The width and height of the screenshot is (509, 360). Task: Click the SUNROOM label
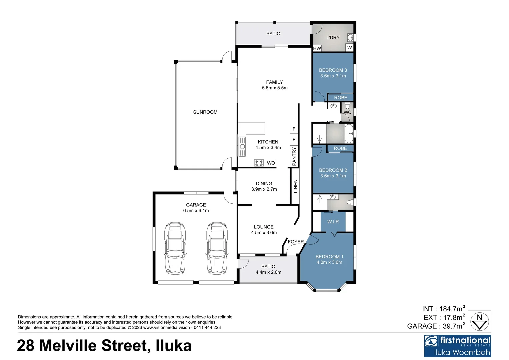[205, 112]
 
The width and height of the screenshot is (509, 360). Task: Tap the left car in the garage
[175, 248]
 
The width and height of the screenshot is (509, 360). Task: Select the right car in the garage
[217, 248]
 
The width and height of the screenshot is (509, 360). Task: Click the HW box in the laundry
[317, 48]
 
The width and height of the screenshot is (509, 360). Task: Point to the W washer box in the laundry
[349, 48]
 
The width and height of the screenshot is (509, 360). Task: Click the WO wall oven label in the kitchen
[271, 163]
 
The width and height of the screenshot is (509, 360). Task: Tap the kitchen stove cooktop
[259, 163]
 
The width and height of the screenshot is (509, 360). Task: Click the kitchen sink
[242, 146]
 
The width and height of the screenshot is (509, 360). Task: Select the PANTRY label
[294, 156]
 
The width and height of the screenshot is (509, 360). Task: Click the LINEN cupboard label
[295, 186]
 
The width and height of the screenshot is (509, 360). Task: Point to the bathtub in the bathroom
[349, 134]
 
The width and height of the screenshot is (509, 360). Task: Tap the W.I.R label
[333, 222]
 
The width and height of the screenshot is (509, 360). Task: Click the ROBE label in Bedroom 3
[340, 98]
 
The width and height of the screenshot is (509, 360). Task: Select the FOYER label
[296, 242]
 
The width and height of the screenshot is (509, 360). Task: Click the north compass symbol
[479, 321]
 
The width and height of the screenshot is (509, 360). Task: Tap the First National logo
[457, 346]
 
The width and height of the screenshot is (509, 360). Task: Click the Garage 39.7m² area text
[436, 326]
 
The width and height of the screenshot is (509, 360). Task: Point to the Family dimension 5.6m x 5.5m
[275, 88]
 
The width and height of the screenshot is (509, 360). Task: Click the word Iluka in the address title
[174, 346]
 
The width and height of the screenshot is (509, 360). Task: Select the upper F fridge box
[294, 129]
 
